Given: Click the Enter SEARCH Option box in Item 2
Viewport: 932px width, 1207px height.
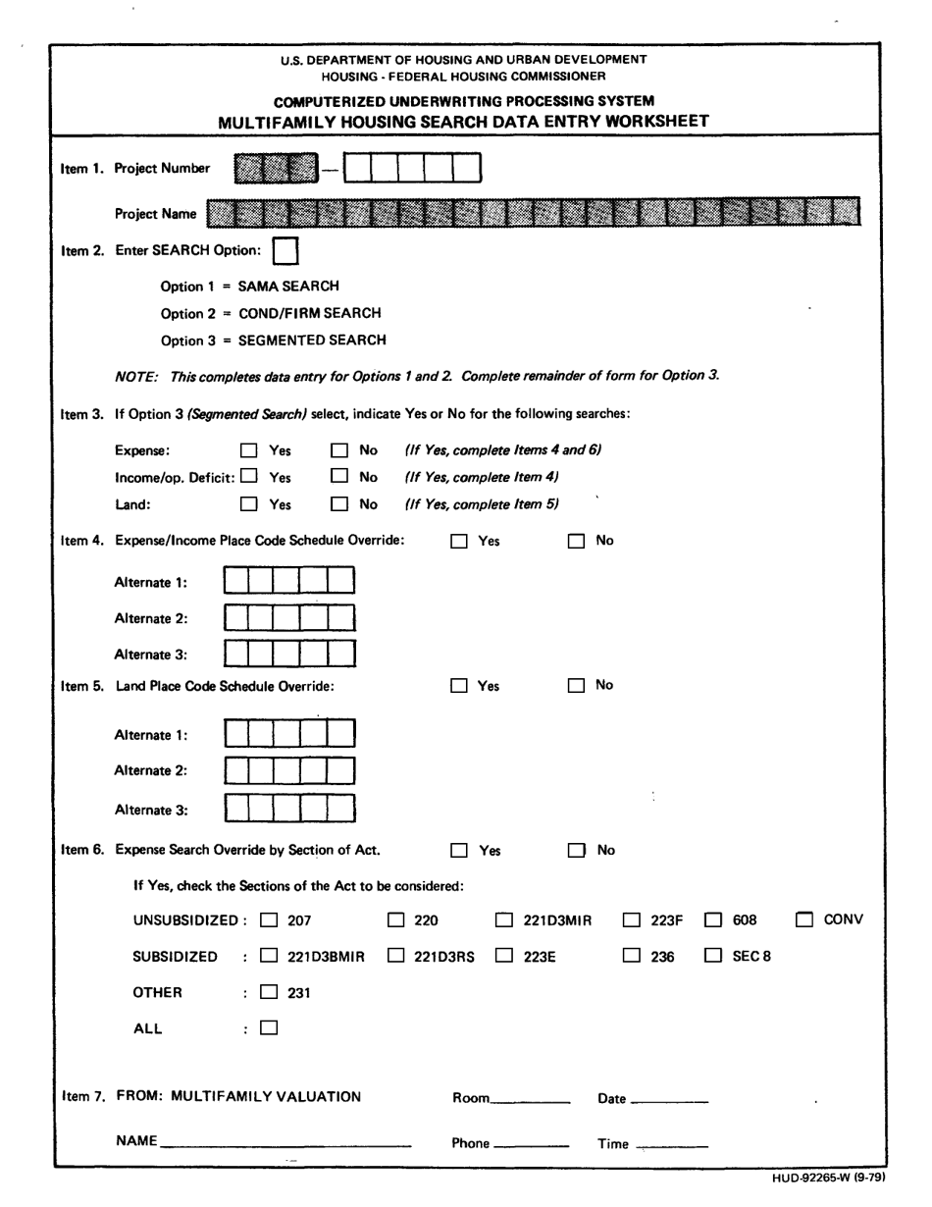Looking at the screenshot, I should [285, 251].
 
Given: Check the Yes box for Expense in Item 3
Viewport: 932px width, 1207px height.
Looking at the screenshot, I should [249, 451].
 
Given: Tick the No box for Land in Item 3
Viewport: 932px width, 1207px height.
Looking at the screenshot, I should [339, 505].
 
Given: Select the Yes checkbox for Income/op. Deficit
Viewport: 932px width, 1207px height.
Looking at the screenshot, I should [249, 478].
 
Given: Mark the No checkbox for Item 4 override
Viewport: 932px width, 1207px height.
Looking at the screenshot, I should [577, 541].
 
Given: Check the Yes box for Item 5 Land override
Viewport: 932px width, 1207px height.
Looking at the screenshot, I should [459, 687].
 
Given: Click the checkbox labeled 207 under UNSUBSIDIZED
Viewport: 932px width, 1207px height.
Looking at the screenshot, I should [270, 921].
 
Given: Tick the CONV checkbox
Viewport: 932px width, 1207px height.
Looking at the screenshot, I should [804, 920].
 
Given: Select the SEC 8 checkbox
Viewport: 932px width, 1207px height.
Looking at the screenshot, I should [715, 955].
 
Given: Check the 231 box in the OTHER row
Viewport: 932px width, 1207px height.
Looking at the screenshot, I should [270, 992].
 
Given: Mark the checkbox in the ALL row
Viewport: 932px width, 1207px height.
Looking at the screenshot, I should [270, 1028].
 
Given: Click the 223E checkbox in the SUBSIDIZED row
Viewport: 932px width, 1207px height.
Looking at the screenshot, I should [504, 955].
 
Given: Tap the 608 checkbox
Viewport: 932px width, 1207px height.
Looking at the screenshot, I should [715, 921].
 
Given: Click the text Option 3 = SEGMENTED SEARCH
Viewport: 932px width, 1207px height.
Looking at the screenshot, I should [273, 341].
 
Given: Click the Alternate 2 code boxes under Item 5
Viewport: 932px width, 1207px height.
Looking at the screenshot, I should [289, 771].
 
